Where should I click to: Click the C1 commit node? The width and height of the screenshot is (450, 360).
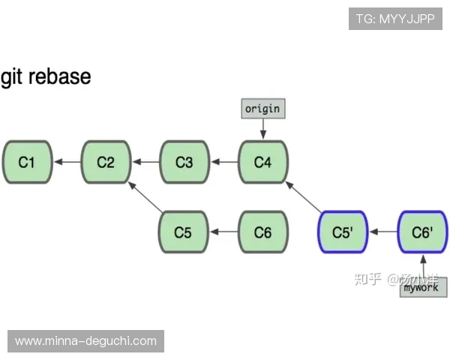[x=27, y=161]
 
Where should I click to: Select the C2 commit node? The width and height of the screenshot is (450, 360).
[x=106, y=161]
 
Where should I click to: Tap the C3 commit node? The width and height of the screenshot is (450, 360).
[x=184, y=161]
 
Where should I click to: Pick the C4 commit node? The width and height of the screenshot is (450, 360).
[x=262, y=161]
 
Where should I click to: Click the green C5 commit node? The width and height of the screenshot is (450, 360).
[x=183, y=232]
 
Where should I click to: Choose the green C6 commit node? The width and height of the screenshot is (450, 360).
[x=262, y=232]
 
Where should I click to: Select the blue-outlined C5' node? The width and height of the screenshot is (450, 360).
[x=342, y=232]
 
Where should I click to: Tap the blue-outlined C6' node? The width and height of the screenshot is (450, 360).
[x=422, y=232]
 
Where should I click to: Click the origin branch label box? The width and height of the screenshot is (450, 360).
[x=262, y=109]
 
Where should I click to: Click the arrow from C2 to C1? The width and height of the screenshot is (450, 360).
[x=67, y=161]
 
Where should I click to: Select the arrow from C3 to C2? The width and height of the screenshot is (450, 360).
[x=145, y=161]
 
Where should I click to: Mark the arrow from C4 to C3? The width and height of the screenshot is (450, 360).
[x=223, y=161]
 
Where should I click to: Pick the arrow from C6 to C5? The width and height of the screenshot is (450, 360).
[x=223, y=232]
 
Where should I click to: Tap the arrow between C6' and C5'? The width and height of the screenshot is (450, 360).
[x=382, y=232]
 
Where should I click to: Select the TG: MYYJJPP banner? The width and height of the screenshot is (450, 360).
[x=395, y=19]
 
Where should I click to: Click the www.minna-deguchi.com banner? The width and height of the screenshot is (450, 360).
[x=86, y=341]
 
